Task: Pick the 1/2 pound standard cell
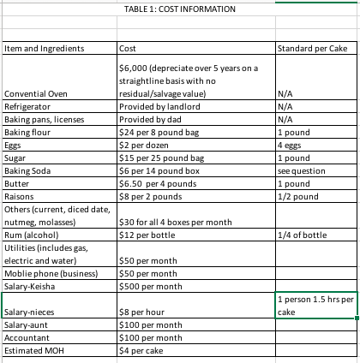coord(299,196)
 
